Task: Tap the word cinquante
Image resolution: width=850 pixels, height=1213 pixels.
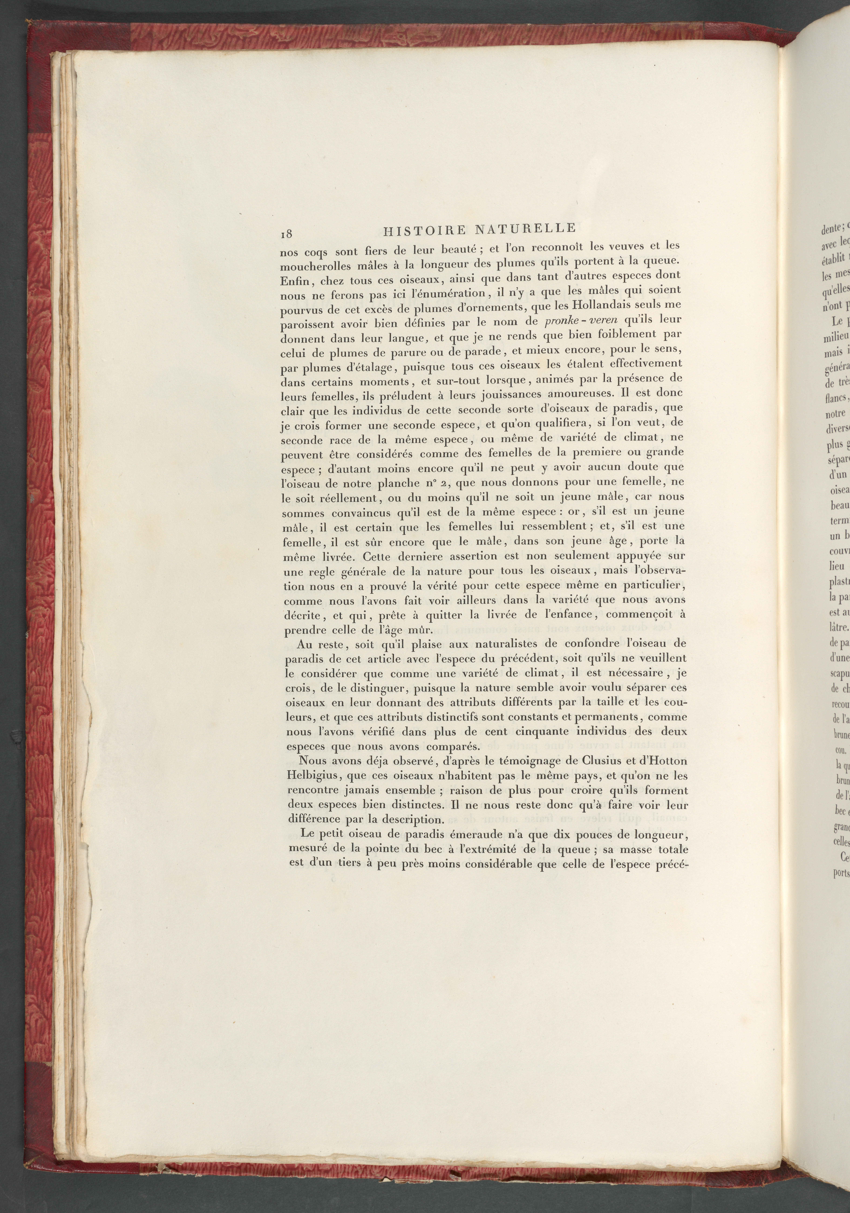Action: (531, 731)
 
